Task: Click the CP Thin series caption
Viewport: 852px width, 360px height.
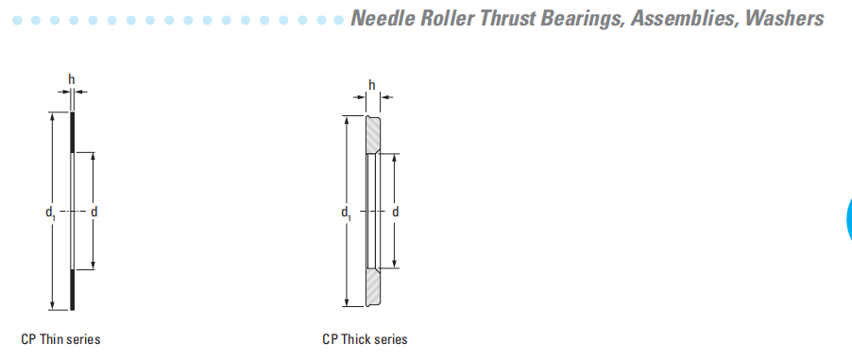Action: coord(60,339)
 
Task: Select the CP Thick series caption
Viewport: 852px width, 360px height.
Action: coord(365,339)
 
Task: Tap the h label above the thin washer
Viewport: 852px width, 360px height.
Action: coord(71,80)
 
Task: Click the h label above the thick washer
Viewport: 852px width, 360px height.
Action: coord(372,85)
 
